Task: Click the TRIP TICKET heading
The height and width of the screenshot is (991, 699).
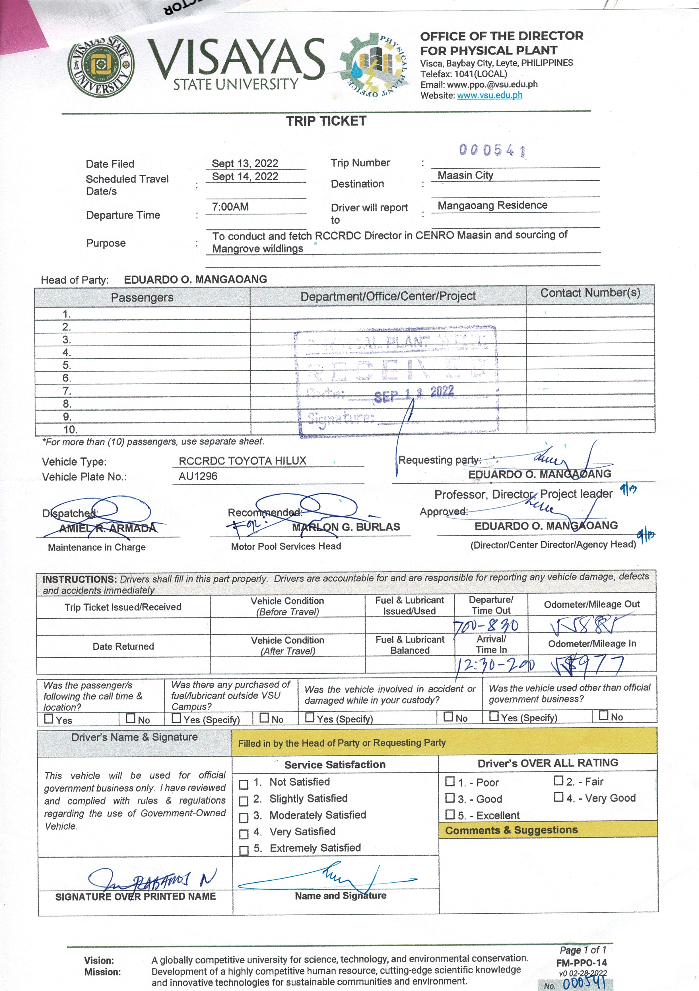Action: click(x=326, y=121)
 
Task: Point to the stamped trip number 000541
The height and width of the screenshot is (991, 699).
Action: click(x=492, y=150)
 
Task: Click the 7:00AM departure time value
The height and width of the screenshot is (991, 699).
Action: click(x=230, y=207)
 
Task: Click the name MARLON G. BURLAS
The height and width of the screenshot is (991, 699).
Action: click(x=346, y=527)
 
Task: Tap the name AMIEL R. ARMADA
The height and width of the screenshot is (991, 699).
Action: click(x=108, y=528)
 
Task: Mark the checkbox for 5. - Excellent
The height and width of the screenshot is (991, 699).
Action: click(x=450, y=814)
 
